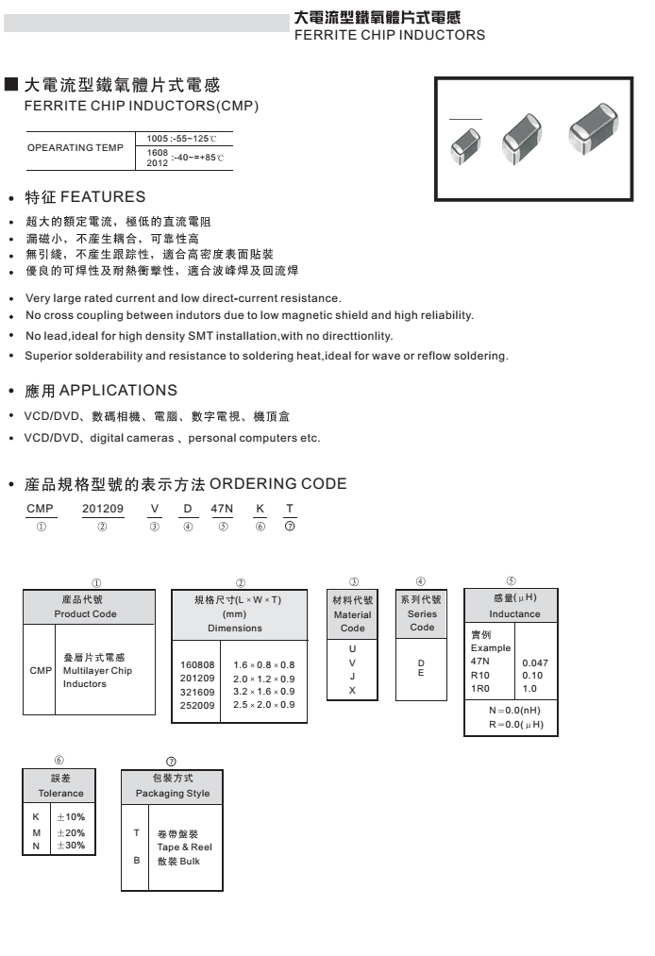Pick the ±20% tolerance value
[71, 832]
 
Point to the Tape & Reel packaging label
[184, 847]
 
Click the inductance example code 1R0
[480, 689]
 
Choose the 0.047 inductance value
[534, 662]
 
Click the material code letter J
[352, 677]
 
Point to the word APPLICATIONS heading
[118, 390]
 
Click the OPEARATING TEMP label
[76, 147]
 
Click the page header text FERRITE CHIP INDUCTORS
[390, 35]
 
